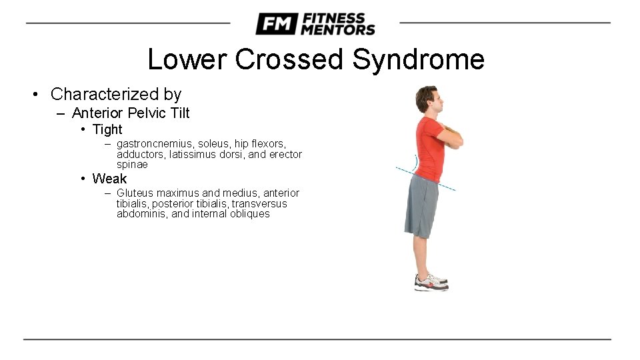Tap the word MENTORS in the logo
tap(338, 29)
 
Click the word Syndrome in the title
tap(418, 59)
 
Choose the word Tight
tap(107, 129)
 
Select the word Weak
tap(109, 179)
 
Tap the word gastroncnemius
tap(155, 144)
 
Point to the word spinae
tap(132, 165)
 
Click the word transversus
tap(259, 203)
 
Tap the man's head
tap(427, 100)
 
